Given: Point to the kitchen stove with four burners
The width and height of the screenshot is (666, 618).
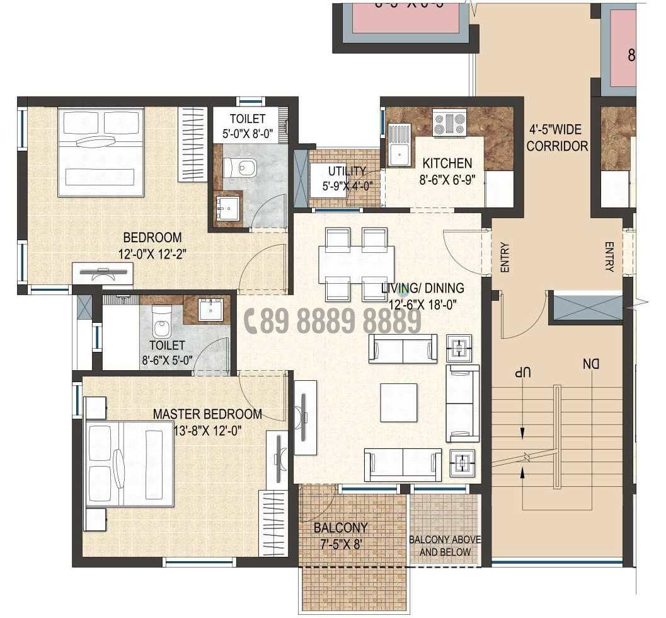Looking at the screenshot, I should [449, 123].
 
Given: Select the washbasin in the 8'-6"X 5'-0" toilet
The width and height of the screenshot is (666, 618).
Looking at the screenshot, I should [210, 310].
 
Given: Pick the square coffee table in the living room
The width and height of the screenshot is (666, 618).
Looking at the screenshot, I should [398, 403].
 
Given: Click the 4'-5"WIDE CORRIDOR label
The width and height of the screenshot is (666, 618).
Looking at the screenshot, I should [557, 138].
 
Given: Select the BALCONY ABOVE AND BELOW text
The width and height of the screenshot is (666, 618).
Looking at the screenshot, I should [444, 546].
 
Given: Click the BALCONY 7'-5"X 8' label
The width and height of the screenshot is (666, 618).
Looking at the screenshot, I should [340, 534].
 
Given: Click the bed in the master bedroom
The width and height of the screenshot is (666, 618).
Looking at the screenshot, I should [129, 464].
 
